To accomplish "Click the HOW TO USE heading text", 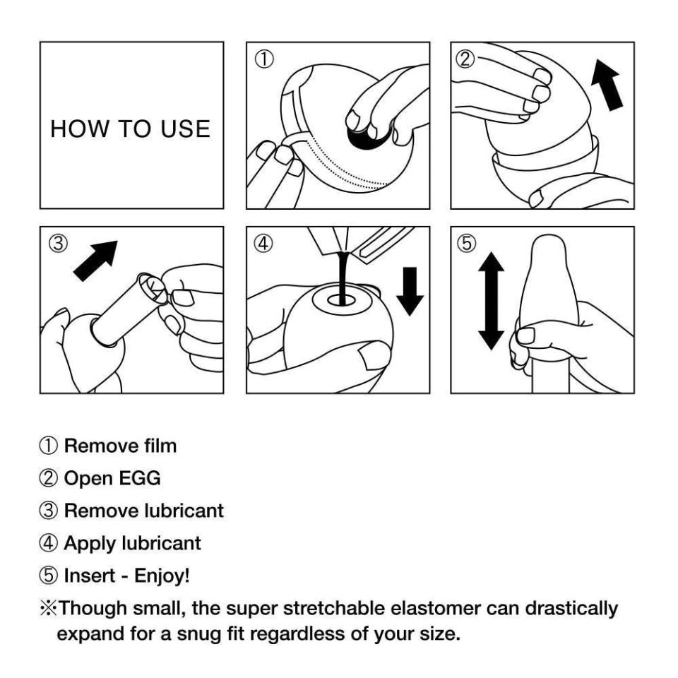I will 131,129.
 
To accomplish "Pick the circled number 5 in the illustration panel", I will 467,244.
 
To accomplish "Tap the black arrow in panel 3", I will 97,260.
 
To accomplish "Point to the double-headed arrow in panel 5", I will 492,302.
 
